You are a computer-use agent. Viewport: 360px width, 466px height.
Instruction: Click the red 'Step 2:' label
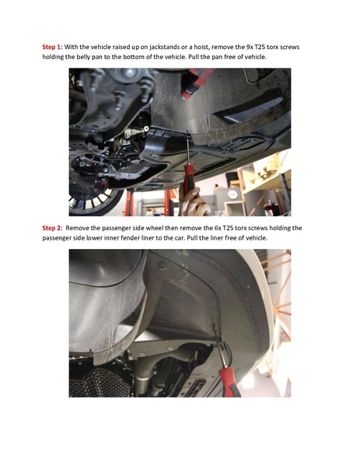pos(53,228)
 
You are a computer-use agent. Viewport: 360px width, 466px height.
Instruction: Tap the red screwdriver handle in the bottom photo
pos(229,381)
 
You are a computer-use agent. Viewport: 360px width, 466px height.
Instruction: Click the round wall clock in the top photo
pos(232,193)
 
